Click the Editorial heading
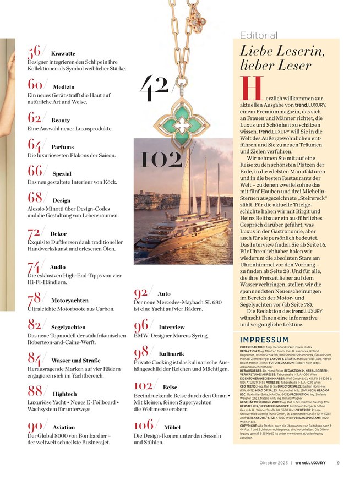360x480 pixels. click(259, 36)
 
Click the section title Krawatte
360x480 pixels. click(63, 53)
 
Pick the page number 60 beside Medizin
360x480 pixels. click(35, 84)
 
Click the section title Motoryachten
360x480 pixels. click(70, 301)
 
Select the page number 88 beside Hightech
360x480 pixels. click(35, 391)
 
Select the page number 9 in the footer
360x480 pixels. click(338, 462)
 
